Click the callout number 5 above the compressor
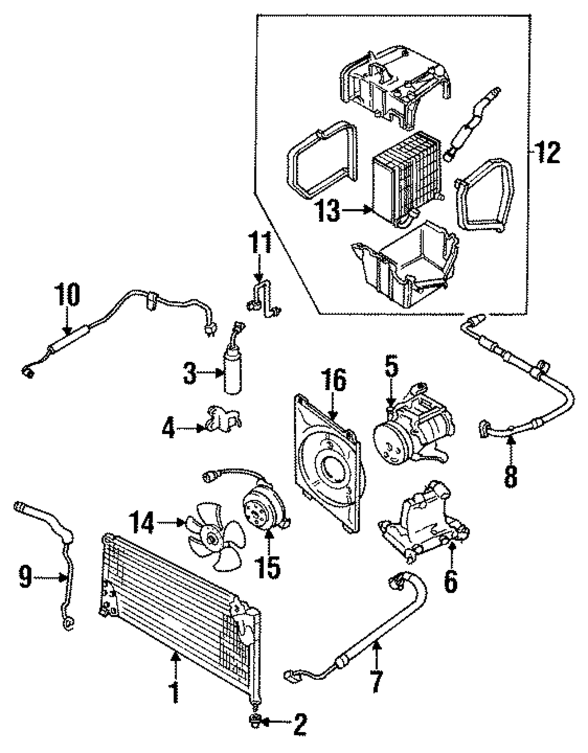pyautogui.click(x=391, y=369)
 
